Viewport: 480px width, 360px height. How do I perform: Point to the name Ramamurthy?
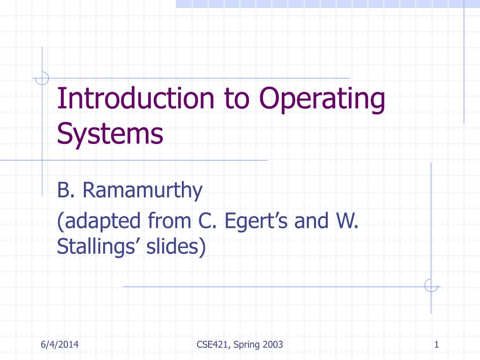click(143, 191)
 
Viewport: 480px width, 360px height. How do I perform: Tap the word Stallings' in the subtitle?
click(98, 247)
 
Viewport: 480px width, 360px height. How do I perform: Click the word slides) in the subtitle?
click(175, 247)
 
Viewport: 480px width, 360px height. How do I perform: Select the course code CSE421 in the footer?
click(210, 345)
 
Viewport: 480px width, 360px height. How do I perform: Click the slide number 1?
click(436, 345)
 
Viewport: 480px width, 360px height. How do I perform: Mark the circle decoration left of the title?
click(42, 78)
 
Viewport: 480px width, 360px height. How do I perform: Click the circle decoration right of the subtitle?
click(431, 285)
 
